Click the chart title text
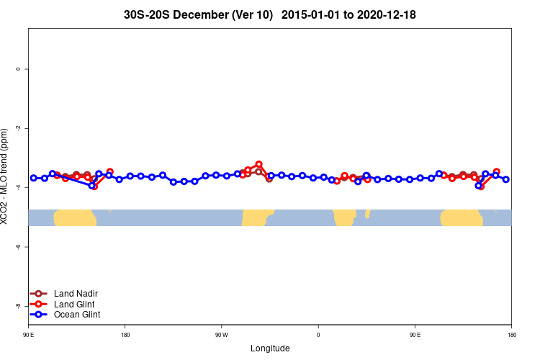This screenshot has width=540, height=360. tap(270, 14)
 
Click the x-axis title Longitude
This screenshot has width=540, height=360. tap(270, 348)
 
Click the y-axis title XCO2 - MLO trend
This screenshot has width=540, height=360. tap(6, 176)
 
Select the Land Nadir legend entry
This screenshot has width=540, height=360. tap(76, 294)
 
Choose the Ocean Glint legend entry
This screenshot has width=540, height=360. tap(77, 315)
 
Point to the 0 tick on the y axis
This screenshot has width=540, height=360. tap(19, 69)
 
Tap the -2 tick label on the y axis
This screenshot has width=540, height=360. tap(19, 128)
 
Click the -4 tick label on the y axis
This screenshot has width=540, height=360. tap(19, 187)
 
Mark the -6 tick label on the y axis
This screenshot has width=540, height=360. tap(19, 246)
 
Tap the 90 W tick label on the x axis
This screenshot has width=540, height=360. tap(221, 336)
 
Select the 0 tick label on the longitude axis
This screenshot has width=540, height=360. tap(318, 336)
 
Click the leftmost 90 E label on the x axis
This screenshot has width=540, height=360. tap(29, 336)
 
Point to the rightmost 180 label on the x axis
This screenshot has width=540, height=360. tap(511, 336)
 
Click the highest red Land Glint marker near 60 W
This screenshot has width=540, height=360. tap(258, 165)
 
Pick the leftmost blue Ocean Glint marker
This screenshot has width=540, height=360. tap(33, 178)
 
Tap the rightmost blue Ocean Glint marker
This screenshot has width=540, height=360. tap(506, 179)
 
